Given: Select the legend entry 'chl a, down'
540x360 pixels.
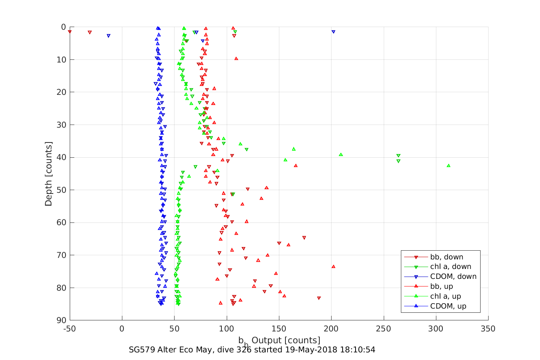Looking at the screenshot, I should (x=450, y=267).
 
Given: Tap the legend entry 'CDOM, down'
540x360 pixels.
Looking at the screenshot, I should (x=453, y=277).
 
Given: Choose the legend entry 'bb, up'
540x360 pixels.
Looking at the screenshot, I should (x=441, y=286).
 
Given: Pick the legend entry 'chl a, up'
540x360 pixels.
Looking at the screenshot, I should (x=445, y=296).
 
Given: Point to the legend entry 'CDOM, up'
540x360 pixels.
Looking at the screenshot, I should (x=448, y=306).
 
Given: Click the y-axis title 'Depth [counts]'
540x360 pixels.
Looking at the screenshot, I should (x=48, y=174).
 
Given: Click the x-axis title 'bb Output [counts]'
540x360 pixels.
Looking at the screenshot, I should (x=279, y=340).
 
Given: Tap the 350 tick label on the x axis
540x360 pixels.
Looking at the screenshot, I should (x=488, y=329).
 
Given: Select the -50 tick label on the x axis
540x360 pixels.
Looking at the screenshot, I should (x=70, y=329).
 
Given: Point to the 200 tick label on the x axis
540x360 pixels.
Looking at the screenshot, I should (x=331, y=329).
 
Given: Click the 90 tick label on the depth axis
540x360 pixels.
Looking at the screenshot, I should (x=61, y=320).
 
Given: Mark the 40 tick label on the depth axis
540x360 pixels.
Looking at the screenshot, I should (x=61, y=157).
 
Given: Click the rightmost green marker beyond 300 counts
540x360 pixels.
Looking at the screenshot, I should (x=449, y=166).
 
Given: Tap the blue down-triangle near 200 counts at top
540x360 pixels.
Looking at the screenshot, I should (x=333, y=32).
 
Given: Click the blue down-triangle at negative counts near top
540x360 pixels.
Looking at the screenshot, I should (x=109, y=36).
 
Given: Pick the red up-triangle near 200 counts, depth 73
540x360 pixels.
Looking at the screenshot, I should (x=333, y=267).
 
